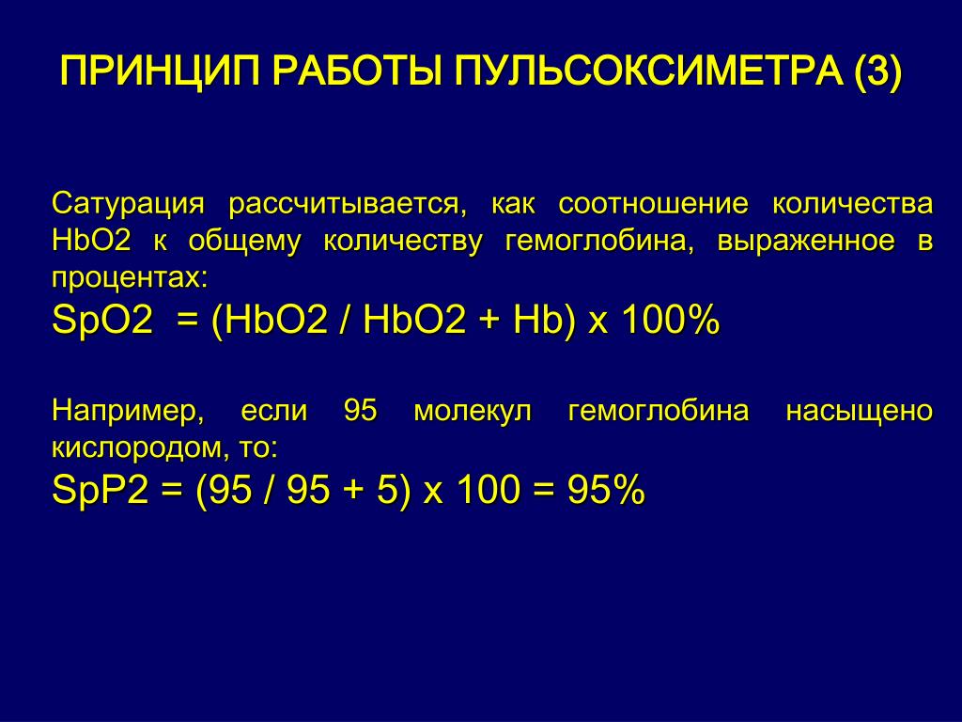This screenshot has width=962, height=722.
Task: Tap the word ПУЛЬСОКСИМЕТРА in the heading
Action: point(648,71)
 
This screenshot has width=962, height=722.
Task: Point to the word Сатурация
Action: point(128,204)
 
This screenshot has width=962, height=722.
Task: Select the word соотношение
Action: point(653,203)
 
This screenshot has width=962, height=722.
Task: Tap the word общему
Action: point(244,241)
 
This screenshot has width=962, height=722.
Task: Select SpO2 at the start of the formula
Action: point(102,321)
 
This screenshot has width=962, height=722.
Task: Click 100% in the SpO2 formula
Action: point(670,320)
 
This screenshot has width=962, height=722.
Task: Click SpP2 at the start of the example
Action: point(101,490)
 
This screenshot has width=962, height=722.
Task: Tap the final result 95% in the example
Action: point(606,490)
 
